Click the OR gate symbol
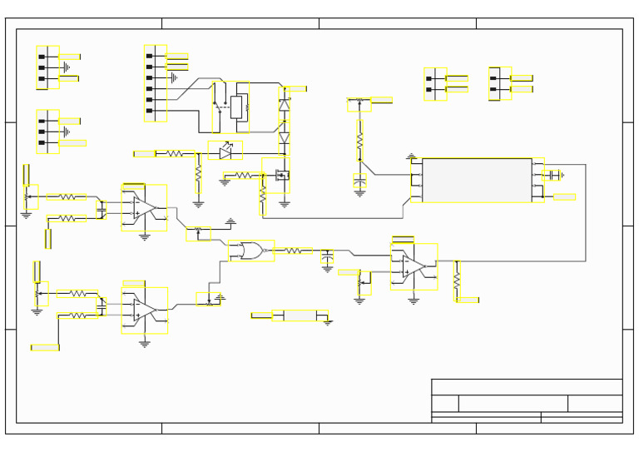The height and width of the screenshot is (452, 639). point(249,251)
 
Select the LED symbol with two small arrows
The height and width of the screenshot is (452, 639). point(225,152)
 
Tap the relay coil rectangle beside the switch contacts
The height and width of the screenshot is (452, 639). point(236,107)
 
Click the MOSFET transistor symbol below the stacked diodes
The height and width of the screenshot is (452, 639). point(281,176)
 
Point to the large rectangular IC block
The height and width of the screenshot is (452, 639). point(477,180)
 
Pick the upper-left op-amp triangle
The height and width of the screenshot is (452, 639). point(144,207)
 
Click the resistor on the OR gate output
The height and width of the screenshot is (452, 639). point(293,251)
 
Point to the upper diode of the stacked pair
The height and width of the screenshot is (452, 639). point(285,106)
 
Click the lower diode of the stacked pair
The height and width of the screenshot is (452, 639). point(285,138)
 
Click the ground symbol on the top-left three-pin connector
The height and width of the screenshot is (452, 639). point(66,67)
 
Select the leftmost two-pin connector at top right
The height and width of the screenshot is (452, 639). point(434,84)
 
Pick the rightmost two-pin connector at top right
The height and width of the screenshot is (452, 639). point(499,83)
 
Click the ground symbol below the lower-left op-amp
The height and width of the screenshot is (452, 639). point(145,342)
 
